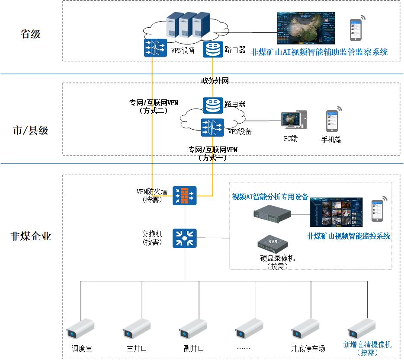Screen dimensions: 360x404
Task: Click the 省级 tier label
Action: (31, 34)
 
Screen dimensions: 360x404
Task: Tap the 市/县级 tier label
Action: (31, 131)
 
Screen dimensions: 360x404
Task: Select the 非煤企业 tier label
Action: (31, 236)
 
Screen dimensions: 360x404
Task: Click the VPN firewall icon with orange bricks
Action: (185, 195)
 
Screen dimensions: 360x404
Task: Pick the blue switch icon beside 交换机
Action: (185, 238)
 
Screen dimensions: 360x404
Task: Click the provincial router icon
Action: (213, 49)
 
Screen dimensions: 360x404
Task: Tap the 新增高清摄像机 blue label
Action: (367, 344)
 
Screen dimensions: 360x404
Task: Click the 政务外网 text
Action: (215, 80)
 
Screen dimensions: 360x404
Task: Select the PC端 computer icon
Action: (294, 120)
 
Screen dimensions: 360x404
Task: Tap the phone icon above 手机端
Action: (332, 121)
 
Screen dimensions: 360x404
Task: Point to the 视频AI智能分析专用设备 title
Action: (270, 197)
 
